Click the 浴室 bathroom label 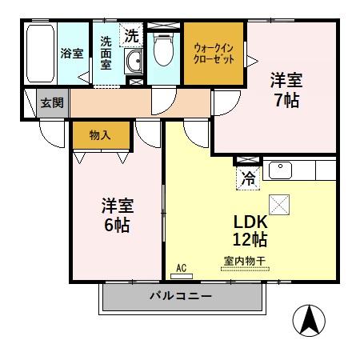(72, 54)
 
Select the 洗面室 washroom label (106, 53)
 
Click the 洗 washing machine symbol (130, 36)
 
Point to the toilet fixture (164, 50)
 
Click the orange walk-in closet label (214, 54)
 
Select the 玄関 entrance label (53, 103)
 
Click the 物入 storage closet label (100, 137)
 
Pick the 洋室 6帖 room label (116, 214)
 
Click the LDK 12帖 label (250, 230)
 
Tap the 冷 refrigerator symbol (250, 178)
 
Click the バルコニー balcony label (181, 297)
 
